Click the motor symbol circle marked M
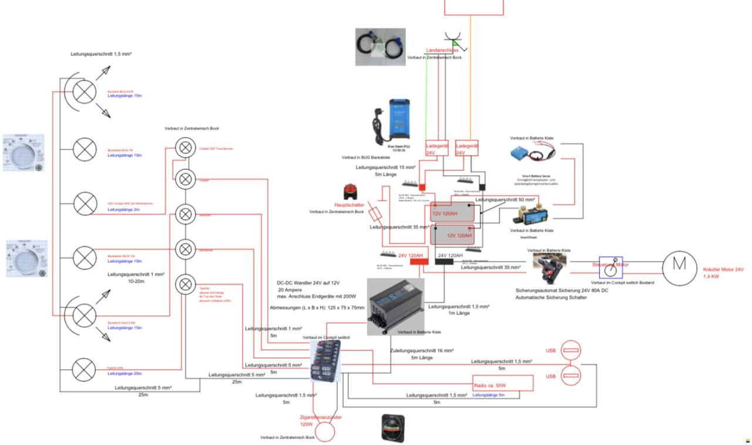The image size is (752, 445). (x=679, y=265)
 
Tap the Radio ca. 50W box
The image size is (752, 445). (x=503, y=383)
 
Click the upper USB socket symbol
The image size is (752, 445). (x=571, y=351)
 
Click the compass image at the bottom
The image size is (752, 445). (x=392, y=427)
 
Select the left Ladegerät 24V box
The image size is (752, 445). (x=437, y=148)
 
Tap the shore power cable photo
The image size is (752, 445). (x=380, y=46)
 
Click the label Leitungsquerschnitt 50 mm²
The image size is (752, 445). (x=505, y=200)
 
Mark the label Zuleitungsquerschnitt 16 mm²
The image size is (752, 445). (x=422, y=350)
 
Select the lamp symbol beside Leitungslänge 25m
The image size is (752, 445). (x=84, y=370)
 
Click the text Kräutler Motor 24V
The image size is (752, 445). (x=723, y=269)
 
